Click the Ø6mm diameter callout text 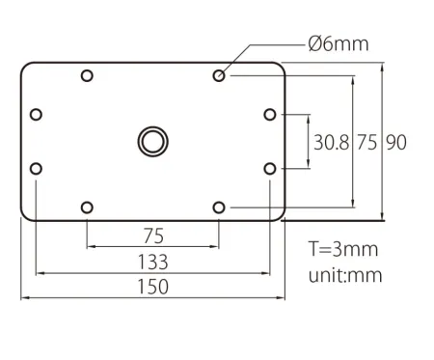(339, 43)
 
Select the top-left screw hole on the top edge (87, 76)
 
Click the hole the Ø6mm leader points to (219, 76)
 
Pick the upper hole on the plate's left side (36, 115)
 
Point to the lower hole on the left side (36, 169)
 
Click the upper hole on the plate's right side (270, 115)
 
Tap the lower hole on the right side (270, 169)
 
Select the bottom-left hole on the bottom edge (87, 208)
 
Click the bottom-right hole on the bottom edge (219, 208)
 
